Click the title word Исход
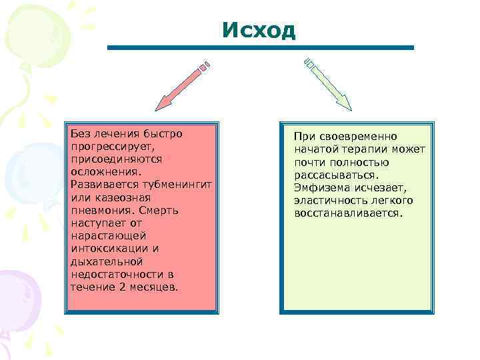click(259, 31)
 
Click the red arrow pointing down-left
click(182, 85)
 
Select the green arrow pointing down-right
click(328, 83)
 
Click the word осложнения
click(105, 173)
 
